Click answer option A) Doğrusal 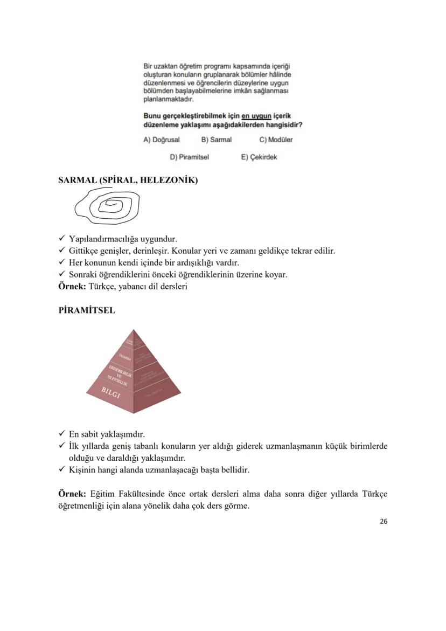point(161,140)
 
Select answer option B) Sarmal point(216,140)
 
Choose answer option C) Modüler point(276,140)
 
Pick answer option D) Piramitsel point(189,157)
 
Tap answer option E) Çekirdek point(259,157)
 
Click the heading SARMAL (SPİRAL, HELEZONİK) point(128,180)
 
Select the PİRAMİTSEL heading point(86,311)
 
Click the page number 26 point(383,521)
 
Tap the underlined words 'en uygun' point(256,116)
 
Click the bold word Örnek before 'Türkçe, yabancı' point(71,287)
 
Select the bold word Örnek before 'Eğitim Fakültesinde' point(71,494)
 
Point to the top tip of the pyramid point(134,330)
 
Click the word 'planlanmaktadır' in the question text point(168,99)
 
